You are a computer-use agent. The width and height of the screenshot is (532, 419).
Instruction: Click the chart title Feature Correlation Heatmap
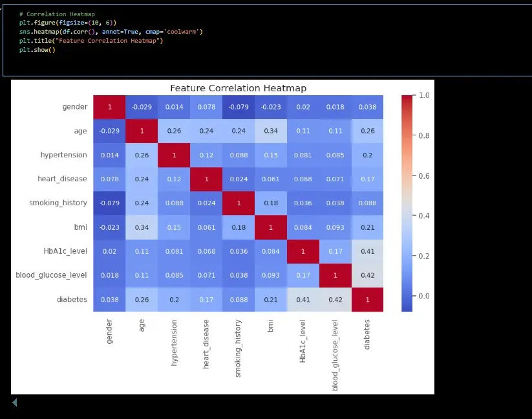238,88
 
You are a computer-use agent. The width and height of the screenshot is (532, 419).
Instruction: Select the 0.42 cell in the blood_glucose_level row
367,275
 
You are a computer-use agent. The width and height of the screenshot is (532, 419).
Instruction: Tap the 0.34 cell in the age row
270,131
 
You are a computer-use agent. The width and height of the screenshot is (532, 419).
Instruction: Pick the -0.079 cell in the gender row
238,107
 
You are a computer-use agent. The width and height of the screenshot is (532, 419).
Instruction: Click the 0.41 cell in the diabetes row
303,300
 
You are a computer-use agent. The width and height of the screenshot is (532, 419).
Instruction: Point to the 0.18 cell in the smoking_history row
270,203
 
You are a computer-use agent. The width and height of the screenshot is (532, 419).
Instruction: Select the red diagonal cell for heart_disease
206,179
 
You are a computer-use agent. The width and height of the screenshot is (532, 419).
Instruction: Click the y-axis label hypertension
64,155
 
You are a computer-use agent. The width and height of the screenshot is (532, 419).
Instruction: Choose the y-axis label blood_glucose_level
51,275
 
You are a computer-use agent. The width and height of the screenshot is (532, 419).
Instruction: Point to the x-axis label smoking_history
238,348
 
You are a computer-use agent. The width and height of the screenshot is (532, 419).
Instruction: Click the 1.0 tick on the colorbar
425,95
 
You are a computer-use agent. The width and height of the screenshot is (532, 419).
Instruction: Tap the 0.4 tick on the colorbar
425,216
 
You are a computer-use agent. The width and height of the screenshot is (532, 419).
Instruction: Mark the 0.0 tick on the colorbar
425,296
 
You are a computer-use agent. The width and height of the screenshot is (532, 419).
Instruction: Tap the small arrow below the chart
14,403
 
